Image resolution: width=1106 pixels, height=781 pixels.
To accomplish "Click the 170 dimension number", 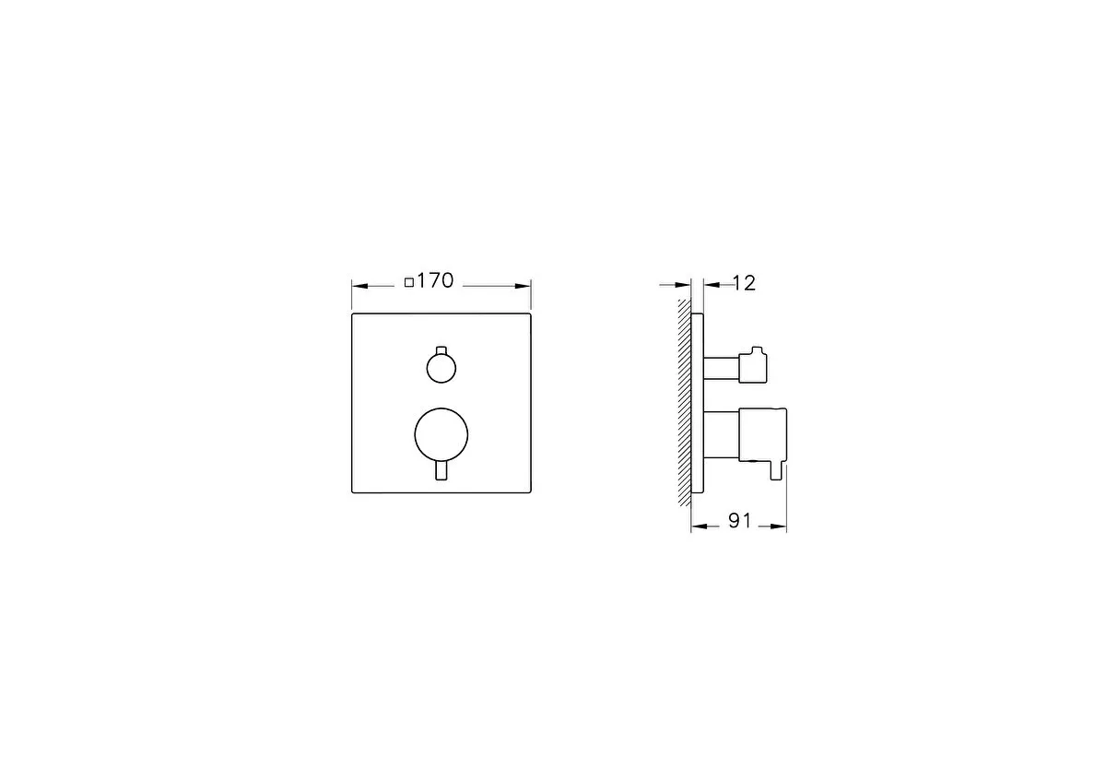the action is (435, 281).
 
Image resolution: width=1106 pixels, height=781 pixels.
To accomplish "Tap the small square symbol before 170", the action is (409, 283).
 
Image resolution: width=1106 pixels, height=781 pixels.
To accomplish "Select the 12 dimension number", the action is (744, 284).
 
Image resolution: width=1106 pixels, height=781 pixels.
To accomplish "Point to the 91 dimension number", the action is (739, 521).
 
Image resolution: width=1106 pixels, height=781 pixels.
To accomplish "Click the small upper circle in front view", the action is (441, 368).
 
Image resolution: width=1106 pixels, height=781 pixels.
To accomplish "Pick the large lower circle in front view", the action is (441, 435).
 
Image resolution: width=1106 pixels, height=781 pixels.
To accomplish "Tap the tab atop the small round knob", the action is (441, 350).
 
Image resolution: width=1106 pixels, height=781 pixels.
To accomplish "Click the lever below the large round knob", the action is (441, 471).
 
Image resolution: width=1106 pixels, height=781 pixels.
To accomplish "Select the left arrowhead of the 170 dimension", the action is (360, 286).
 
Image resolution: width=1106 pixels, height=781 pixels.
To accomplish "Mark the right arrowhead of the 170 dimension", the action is (523, 286).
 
